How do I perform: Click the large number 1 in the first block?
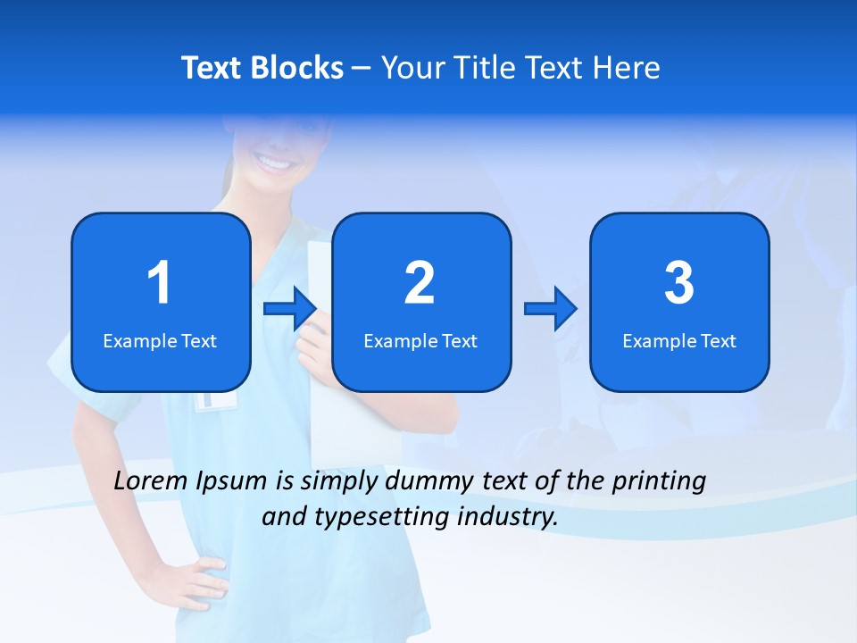[159, 283]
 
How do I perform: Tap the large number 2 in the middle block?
[420, 283]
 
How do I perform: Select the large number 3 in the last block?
[679, 283]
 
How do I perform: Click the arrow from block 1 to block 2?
[290, 308]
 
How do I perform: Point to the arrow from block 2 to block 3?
[551, 308]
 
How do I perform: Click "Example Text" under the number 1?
[160, 340]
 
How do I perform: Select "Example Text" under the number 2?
[420, 340]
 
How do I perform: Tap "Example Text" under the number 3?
[679, 340]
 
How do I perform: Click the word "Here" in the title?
[626, 68]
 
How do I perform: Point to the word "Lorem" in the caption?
[152, 480]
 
